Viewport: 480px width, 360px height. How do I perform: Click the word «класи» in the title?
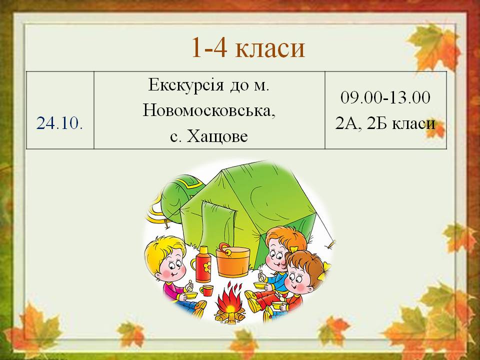coord(270,47)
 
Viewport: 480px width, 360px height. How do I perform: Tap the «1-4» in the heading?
coord(209,47)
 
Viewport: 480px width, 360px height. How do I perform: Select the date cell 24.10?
coord(59,123)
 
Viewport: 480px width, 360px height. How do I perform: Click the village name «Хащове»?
coord(217,136)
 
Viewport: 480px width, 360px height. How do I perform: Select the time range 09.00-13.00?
coord(385,97)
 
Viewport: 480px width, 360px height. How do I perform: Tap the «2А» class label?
coord(346,123)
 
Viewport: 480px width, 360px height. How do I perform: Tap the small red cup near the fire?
coord(206,290)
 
